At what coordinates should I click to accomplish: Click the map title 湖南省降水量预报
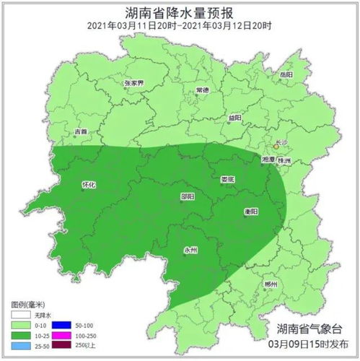pyautogui.click(x=180, y=12)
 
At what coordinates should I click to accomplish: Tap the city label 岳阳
pyautogui.click(x=287, y=74)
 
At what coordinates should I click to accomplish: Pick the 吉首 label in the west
pyautogui.click(x=81, y=132)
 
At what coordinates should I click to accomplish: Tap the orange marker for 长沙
pyautogui.click(x=276, y=147)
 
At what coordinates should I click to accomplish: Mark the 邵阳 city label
pyautogui.click(x=188, y=196)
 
